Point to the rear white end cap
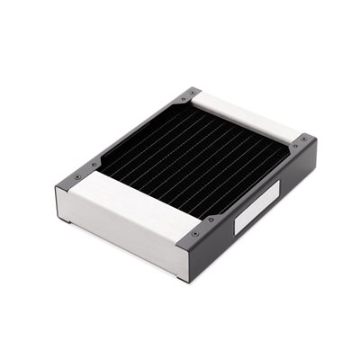(x=238, y=113)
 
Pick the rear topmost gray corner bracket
(x=190, y=93)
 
